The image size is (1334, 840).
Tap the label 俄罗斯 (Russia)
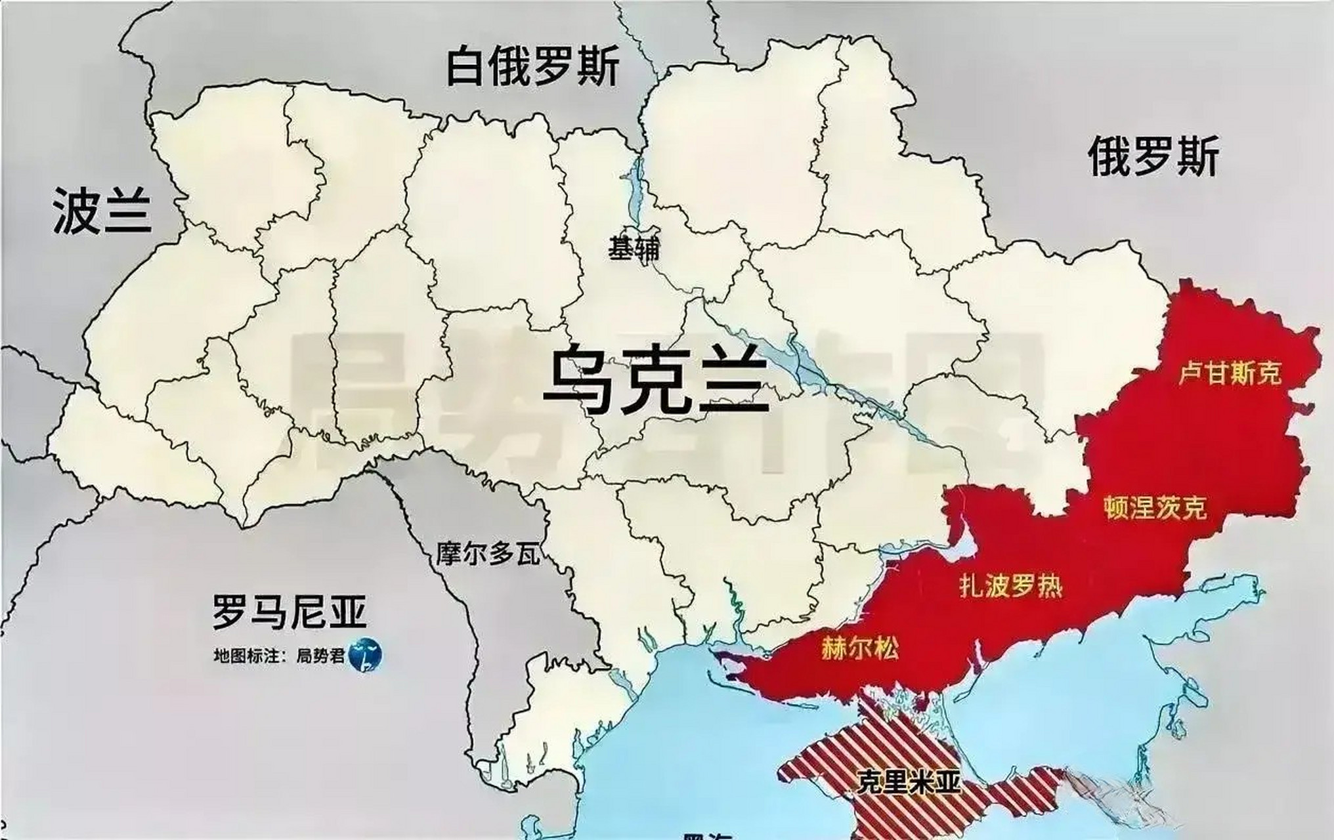(1153, 156)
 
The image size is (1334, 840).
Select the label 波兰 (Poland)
(102, 211)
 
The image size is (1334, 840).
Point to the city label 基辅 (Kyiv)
(634, 248)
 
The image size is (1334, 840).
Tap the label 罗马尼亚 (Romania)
(289, 612)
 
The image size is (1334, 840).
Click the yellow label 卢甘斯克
(1230, 373)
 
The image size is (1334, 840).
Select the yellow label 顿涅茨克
(1155, 507)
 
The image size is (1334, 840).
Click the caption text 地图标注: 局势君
(280, 656)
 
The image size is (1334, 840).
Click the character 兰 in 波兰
(128, 211)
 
